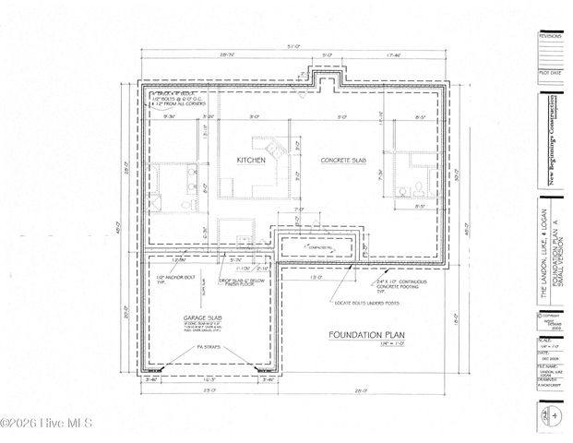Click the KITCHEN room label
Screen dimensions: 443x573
251,161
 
